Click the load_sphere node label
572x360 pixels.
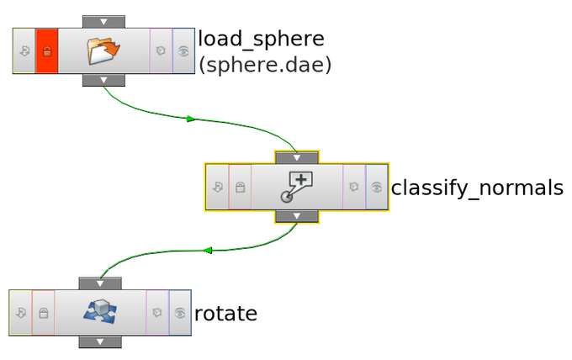click(261, 39)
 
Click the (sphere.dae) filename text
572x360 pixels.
click(264, 65)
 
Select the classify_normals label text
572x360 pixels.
click(476, 188)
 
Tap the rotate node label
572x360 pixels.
click(225, 314)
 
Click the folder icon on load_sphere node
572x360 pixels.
click(103, 50)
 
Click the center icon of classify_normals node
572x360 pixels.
click(296, 186)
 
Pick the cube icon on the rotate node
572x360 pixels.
click(99, 312)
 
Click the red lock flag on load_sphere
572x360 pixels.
click(47, 50)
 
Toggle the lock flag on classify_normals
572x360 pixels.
click(240, 187)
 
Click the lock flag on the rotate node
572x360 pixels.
click(44, 313)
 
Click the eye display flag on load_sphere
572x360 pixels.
click(183, 50)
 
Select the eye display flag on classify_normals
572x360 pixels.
click(378, 187)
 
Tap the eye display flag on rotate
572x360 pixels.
click(180, 313)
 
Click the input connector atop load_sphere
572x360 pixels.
click(103, 21)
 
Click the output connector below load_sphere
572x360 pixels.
click(103, 80)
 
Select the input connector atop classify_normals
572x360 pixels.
click(296, 157)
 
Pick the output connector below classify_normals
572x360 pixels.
click(296, 216)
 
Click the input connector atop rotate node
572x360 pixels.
click(99, 283)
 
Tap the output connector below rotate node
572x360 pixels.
click(99, 341)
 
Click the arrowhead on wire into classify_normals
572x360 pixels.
click(191, 119)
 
